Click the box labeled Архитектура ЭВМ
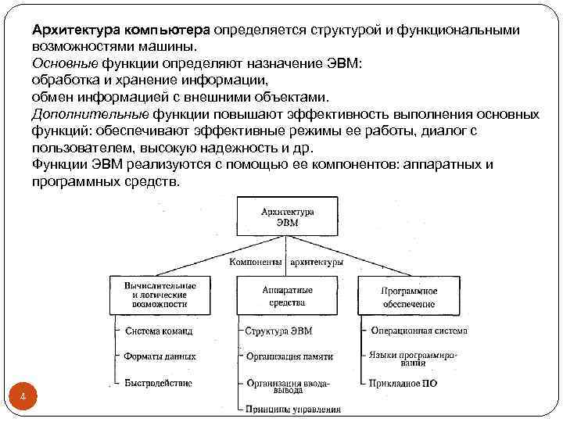click(x=287, y=216)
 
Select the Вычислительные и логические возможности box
click(x=160, y=295)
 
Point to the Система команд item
click(x=159, y=331)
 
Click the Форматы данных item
click(x=160, y=356)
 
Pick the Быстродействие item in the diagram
click(x=158, y=383)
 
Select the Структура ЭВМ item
click(x=279, y=331)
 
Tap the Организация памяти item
click(x=289, y=356)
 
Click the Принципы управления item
click(x=292, y=409)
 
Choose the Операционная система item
click(x=419, y=331)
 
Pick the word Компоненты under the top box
click(x=255, y=263)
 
